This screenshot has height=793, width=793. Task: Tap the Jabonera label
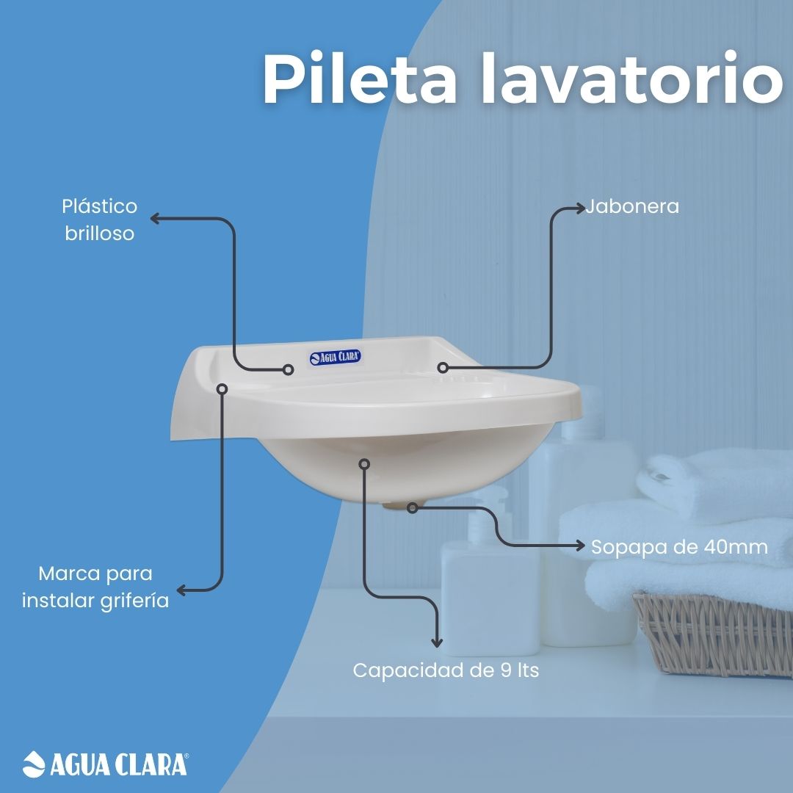[632, 206]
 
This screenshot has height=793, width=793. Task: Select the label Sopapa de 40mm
[679, 547]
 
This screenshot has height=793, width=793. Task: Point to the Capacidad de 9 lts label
[446, 670]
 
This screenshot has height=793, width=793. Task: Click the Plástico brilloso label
[100, 220]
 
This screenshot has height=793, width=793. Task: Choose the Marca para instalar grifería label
[95, 587]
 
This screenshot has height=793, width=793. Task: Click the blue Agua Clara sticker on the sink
[336, 358]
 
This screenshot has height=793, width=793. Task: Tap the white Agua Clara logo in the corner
[106, 764]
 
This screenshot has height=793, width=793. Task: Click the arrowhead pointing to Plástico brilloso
[155, 219]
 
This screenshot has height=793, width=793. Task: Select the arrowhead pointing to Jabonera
[580, 208]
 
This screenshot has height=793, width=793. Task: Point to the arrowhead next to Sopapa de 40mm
[579, 545]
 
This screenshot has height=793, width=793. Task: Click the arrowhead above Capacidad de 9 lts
[436, 642]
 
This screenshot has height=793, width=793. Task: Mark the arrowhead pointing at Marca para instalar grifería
[181, 590]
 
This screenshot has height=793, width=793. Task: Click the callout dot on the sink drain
[413, 508]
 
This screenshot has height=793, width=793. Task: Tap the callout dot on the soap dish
[443, 368]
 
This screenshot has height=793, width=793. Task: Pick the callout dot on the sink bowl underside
[364, 464]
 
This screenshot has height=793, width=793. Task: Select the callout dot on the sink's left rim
[222, 388]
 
